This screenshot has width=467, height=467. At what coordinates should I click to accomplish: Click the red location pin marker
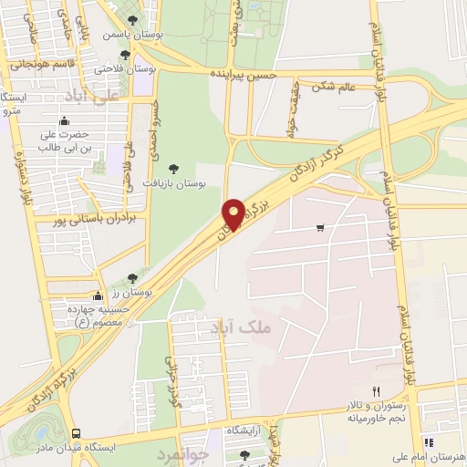pos(232,215)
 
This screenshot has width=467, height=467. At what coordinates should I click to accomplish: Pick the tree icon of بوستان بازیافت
pos(173,167)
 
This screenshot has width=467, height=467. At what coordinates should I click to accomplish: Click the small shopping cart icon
pos(318,228)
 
